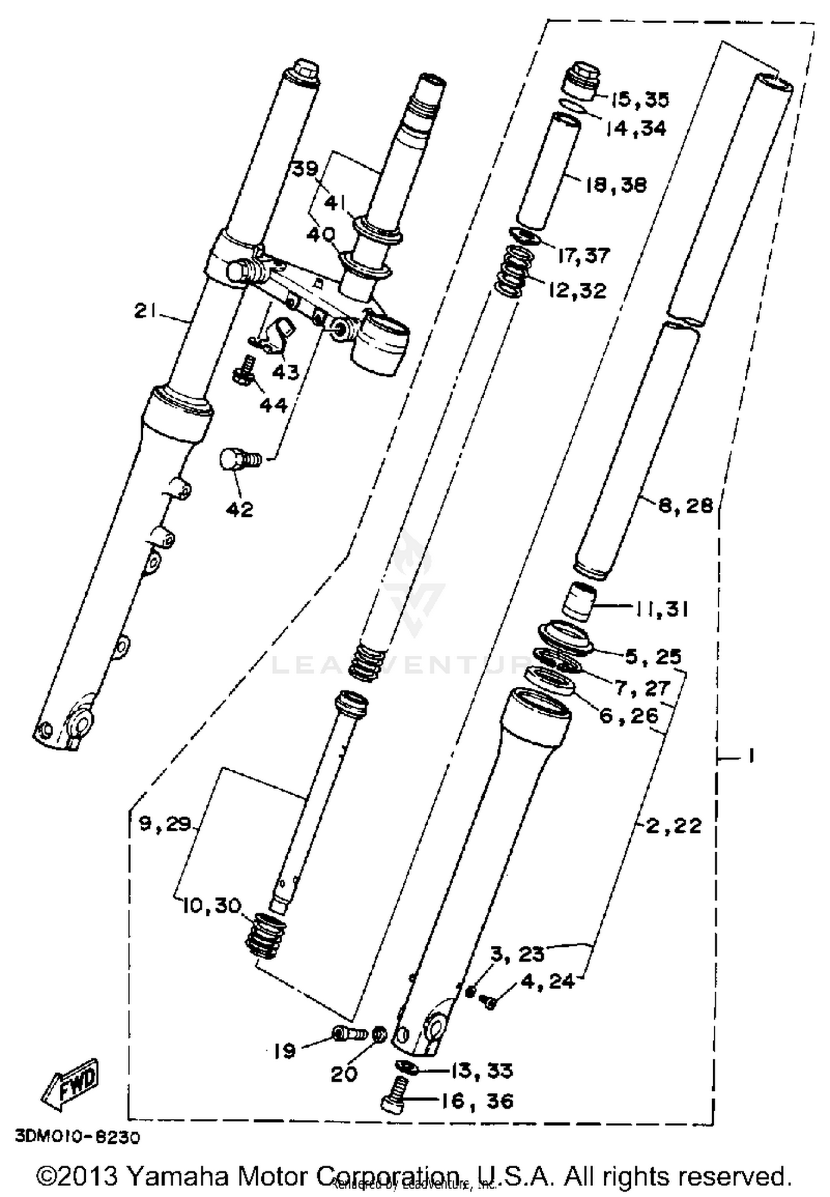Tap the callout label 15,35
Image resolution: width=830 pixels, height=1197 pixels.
(640, 100)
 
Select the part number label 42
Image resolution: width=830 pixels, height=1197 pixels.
(240, 509)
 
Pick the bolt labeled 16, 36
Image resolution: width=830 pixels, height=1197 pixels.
(394, 1110)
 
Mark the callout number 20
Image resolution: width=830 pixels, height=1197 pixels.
(344, 1074)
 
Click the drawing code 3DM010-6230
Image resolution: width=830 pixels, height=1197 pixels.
(77, 1137)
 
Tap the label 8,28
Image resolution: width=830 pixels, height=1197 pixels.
(685, 506)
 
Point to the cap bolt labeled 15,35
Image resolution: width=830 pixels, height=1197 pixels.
(582, 80)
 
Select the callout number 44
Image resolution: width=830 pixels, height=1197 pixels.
(273, 406)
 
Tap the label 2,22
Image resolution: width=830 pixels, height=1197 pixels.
(673, 826)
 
